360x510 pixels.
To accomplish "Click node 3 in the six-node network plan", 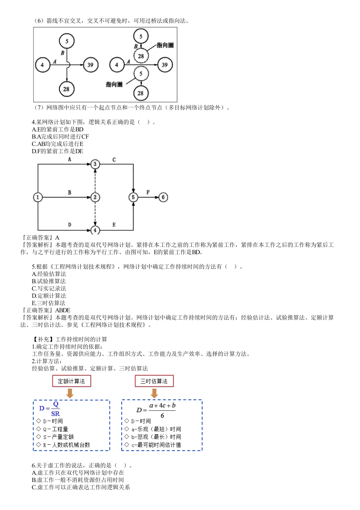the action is pyautogui.click(x=95, y=164).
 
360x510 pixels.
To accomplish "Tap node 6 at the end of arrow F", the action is pyautogui.click(x=163, y=197).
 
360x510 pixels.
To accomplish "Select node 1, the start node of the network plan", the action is pyautogui.click(x=38, y=197).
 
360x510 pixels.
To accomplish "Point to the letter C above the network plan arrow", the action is pyautogui.click(x=114, y=160).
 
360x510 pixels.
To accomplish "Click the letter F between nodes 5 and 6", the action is pyautogui.click(x=148, y=192).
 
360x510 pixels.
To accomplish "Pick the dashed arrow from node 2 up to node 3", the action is pyautogui.click(x=95, y=180).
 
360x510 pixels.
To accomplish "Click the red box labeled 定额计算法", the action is pyautogui.click(x=72, y=381).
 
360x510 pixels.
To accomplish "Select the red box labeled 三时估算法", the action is pyautogui.click(x=154, y=381).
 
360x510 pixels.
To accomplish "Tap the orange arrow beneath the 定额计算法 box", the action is pyautogui.click(x=70, y=393).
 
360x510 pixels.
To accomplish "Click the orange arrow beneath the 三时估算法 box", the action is pyautogui.click(x=154, y=393).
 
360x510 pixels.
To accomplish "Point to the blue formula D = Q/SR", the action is pyautogui.click(x=50, y=409).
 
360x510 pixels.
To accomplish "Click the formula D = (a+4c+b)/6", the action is pyautogui.click(x=156, y=410).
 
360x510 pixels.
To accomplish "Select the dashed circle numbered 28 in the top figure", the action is pyautogui.click(x=141, y=56).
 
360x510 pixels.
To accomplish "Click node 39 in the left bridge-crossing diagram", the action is pyautogui.click(x=90, y=65).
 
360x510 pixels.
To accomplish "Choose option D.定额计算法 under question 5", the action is pyautogui.click(x=49, y=296).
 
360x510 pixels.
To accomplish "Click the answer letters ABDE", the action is pyautogui.click(x=63, y=310).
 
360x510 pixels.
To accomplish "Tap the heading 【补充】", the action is pyautogui.click(x=43, y=339).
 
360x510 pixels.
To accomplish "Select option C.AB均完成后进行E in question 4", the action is pyautogui.click(x=58, y=144).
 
